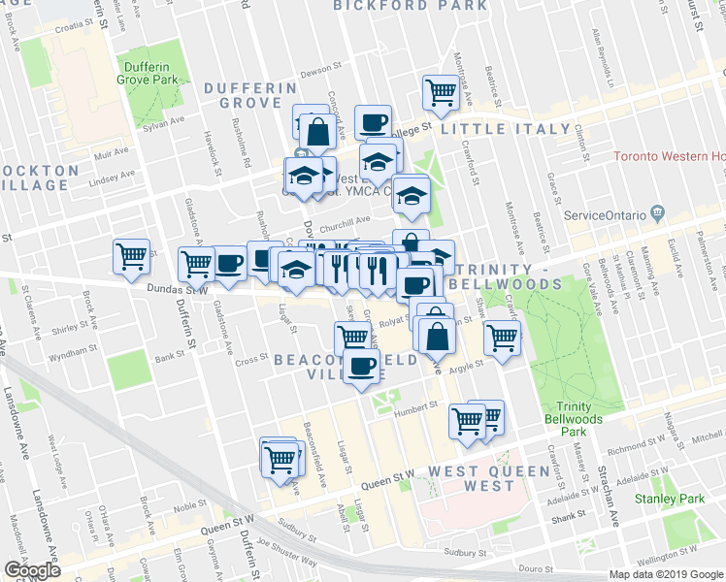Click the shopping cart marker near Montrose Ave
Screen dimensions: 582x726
click(x=441, y=93)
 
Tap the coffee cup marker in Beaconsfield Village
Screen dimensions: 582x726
click(x=363, y=368)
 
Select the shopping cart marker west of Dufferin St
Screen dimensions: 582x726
click(x=131, y=256)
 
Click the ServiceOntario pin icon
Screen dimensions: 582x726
click(x=658, y=211)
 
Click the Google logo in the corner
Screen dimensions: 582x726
click(x=32, y=570)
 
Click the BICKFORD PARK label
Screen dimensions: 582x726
click(x=411, y=6)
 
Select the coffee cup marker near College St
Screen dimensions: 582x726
click(x=372, y=122)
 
